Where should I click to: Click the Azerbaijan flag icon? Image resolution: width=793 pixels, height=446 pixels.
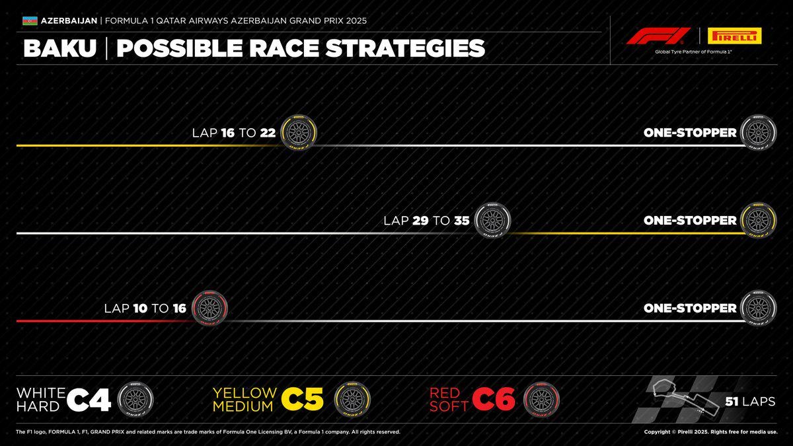click(x=30, y=20)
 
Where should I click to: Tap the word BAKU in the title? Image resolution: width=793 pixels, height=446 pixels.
click(x=59, y=48)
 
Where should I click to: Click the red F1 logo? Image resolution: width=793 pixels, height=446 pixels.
click(x=658, y=36)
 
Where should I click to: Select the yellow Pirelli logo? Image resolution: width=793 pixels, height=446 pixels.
click(x=734, y=36)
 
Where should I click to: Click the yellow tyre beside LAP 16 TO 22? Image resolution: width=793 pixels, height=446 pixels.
click(x=298, y=133)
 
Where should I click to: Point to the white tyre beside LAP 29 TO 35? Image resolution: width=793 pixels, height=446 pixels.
click(x=492, y=221)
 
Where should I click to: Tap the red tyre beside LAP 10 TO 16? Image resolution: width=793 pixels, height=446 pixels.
click(x=209, y=309)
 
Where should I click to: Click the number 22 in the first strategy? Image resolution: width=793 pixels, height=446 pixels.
click(x=268, y=133)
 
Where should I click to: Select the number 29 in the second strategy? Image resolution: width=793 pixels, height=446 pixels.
click(x=420, y=221)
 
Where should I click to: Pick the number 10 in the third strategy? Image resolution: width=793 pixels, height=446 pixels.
click(x=139, y=309)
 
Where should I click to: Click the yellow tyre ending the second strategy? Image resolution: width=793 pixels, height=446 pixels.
click(x=759, y=221)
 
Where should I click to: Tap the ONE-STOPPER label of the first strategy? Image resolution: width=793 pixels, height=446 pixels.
click(x=690, y=133)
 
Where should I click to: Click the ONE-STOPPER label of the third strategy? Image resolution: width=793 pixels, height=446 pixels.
click(x=690, y=309)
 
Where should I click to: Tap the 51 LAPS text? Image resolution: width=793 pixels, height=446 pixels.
click(x=750, y=401)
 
